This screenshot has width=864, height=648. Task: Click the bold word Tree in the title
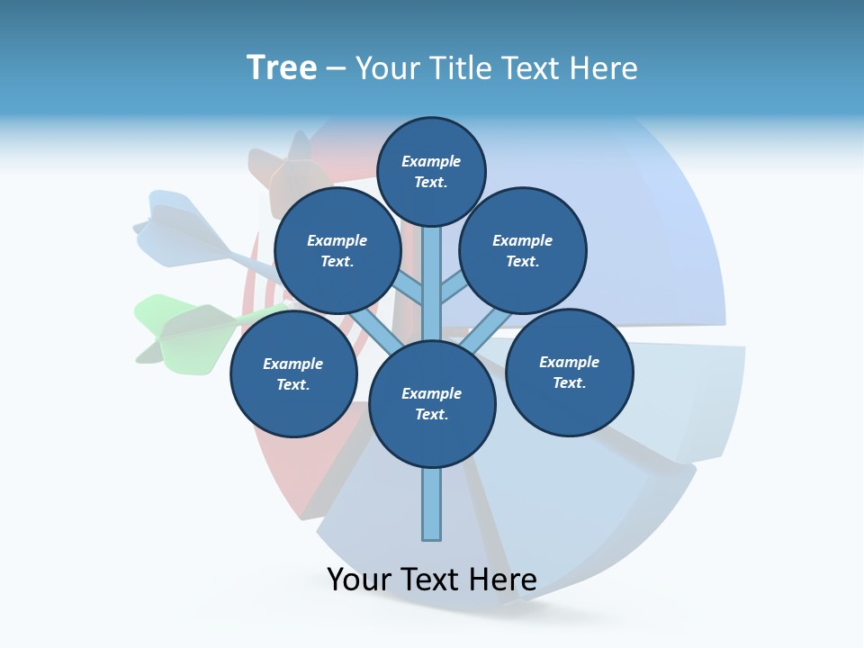coord(282,67)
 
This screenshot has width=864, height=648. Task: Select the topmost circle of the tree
coord(431,171)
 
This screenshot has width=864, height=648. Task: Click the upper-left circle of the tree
coord(337,250)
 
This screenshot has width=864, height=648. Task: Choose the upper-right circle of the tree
coord(523,250)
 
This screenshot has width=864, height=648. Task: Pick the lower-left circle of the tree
coord(293,373)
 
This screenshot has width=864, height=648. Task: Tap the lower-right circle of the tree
coord(570,372)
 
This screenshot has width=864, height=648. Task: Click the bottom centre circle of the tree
coord(432,403)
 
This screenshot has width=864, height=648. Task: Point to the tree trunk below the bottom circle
coord(432,504)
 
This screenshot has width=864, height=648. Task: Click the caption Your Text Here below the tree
coord(432,580)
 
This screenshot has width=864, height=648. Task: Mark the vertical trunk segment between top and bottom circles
coord(432,288)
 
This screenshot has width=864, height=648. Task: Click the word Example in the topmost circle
coord(431,161)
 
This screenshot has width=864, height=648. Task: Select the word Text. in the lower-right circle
coord(570,382)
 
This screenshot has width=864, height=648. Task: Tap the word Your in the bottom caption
coord(359,580)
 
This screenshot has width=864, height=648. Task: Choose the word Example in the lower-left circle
coord(293,364)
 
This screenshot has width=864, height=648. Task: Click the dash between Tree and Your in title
coord(336,68)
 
